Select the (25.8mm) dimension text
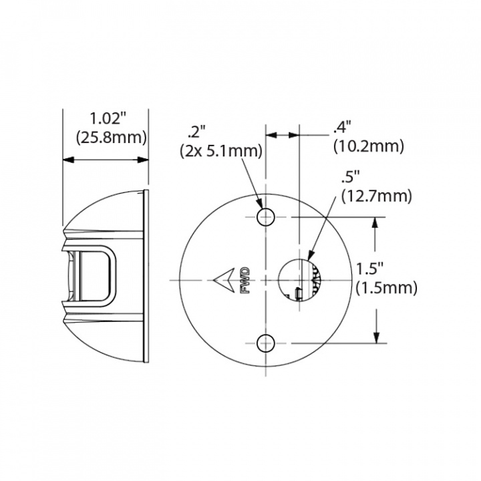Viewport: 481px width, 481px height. pyautogui.click(x=108, y=138)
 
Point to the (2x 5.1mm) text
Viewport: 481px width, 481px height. pyautogui.click(x=220, y=152)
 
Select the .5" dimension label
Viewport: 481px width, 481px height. pyautogui.click(x=350, y=178)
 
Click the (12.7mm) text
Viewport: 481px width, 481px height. pyautogui.click(x=376, y=196)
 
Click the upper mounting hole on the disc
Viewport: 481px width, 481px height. pyautogui.click(x=266, y=216)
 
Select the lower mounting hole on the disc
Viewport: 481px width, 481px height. pyautogui.click(x=266, y=343)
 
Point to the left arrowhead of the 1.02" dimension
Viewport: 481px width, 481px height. pyautogui.click(x=67, y=160)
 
